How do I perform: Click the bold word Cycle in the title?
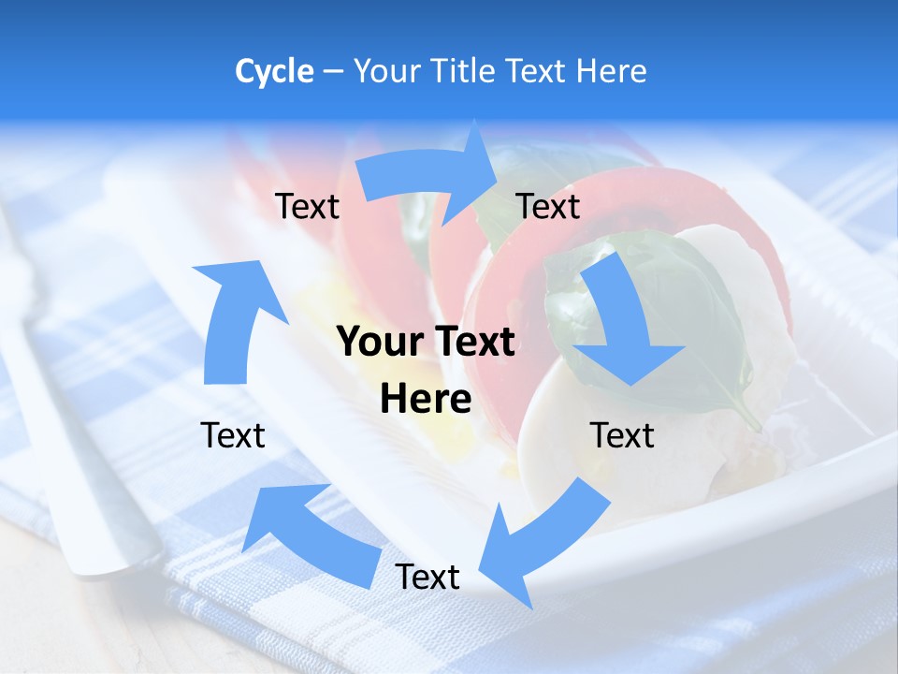click(x=274, y=71)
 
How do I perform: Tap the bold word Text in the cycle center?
click(x=470, y=343)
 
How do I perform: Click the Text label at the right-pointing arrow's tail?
click(x=307, y=206)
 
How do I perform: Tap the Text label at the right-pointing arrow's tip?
click(x=547, y=206)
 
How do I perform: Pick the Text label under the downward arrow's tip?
click(x=622, y=435)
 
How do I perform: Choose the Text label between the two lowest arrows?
click(x=427, y=577)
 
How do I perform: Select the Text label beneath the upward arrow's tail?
click(x=233, y=435)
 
